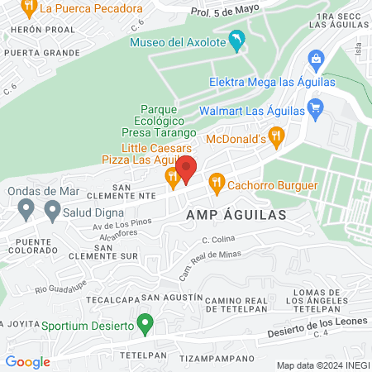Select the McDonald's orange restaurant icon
277,135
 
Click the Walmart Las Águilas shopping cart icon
314,107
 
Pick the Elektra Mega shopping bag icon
314,60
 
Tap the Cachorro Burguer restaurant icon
217,181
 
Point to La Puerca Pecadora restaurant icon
29,8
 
